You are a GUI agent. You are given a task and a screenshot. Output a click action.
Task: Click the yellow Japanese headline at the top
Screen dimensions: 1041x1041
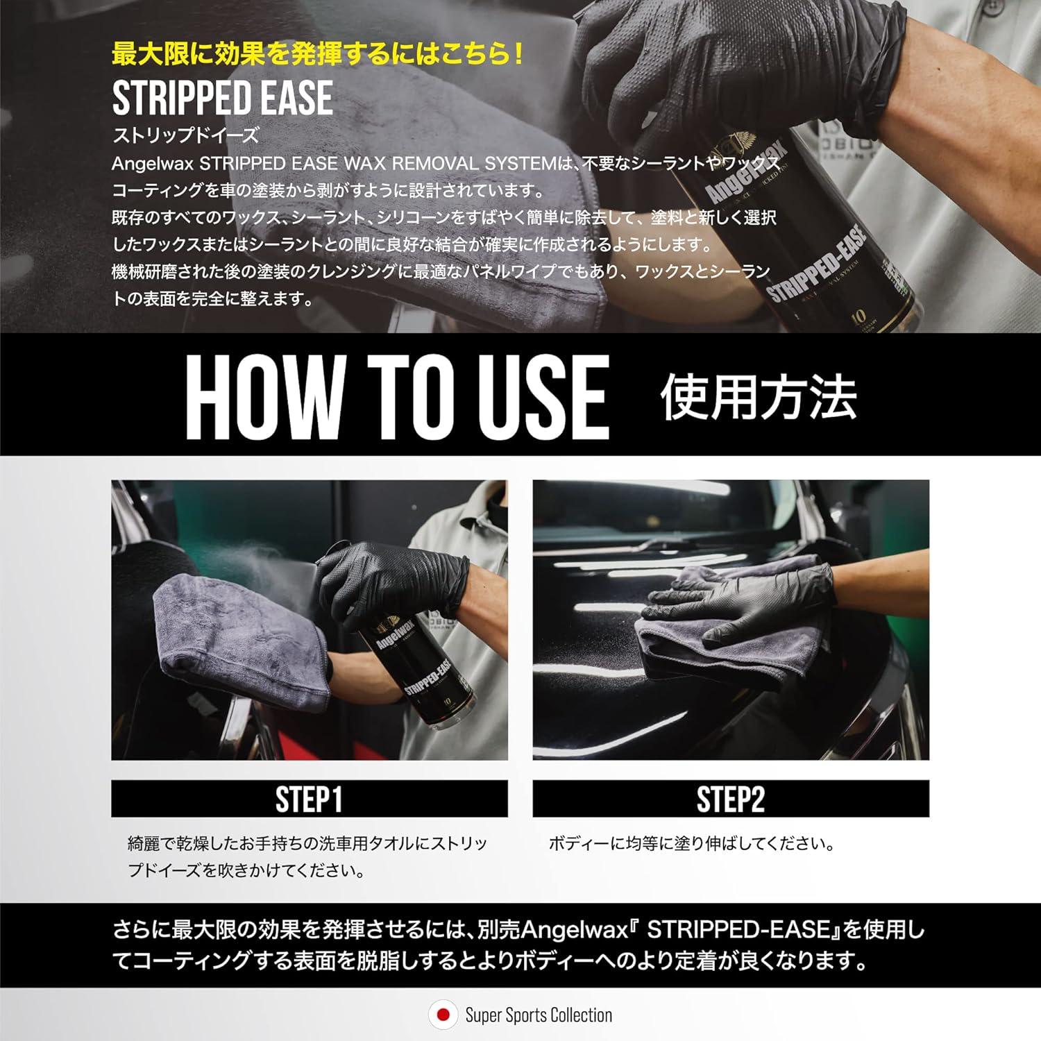317,55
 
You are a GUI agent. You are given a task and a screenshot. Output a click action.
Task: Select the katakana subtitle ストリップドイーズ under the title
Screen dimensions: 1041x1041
185,135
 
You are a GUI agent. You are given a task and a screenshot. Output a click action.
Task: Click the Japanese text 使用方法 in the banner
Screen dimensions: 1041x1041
758,397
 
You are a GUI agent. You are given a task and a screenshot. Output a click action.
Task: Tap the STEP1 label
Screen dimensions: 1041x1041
309,799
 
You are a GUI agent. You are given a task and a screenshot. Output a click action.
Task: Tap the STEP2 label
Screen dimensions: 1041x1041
730,799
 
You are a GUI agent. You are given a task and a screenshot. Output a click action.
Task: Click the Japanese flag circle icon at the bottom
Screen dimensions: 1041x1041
443,1015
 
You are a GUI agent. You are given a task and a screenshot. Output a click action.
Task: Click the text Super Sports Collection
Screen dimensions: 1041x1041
539,1015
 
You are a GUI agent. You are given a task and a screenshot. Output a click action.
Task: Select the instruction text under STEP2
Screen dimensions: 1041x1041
691,844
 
